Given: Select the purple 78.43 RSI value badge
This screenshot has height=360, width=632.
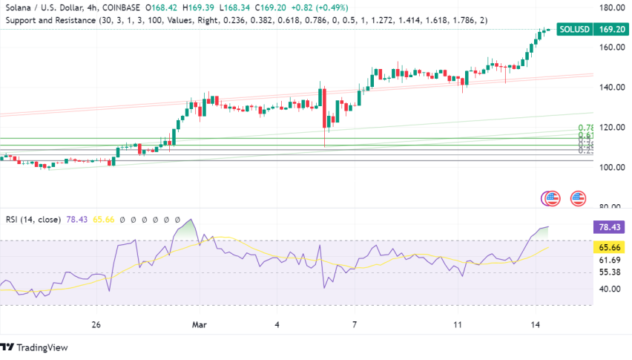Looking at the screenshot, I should coord(610,228).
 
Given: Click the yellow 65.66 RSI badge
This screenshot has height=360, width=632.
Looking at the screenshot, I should coord(610,246).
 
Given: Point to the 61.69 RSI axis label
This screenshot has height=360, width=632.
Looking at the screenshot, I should coord(610,260).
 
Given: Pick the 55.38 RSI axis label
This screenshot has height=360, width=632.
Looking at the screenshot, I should coord(610,272).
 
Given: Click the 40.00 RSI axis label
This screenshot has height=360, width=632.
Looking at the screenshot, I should coord(610,289).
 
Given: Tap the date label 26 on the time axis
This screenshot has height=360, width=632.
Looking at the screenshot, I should coord(96,324).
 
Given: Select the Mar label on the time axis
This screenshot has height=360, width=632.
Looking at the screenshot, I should coord(199,324).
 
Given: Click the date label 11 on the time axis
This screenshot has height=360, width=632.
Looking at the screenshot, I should coord(458,324).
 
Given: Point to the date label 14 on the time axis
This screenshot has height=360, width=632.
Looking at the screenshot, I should coord(536,324).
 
